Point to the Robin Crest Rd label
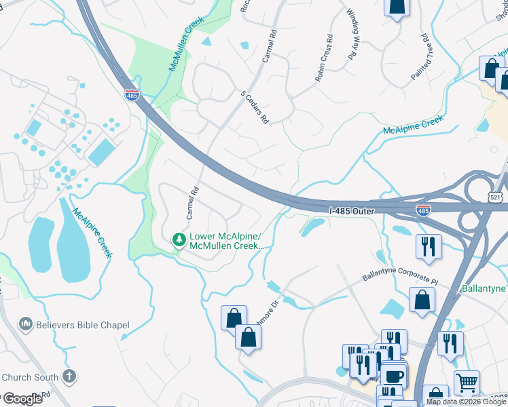324,59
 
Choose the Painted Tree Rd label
421,58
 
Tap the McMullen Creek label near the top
186,45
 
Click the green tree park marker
179,239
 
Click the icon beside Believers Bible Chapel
26,325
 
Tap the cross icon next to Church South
69,376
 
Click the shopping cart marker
467,383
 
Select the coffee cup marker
393,375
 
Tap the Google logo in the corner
22,398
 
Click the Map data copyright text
466,402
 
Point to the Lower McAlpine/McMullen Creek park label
225,241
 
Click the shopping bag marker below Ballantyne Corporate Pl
422,300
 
